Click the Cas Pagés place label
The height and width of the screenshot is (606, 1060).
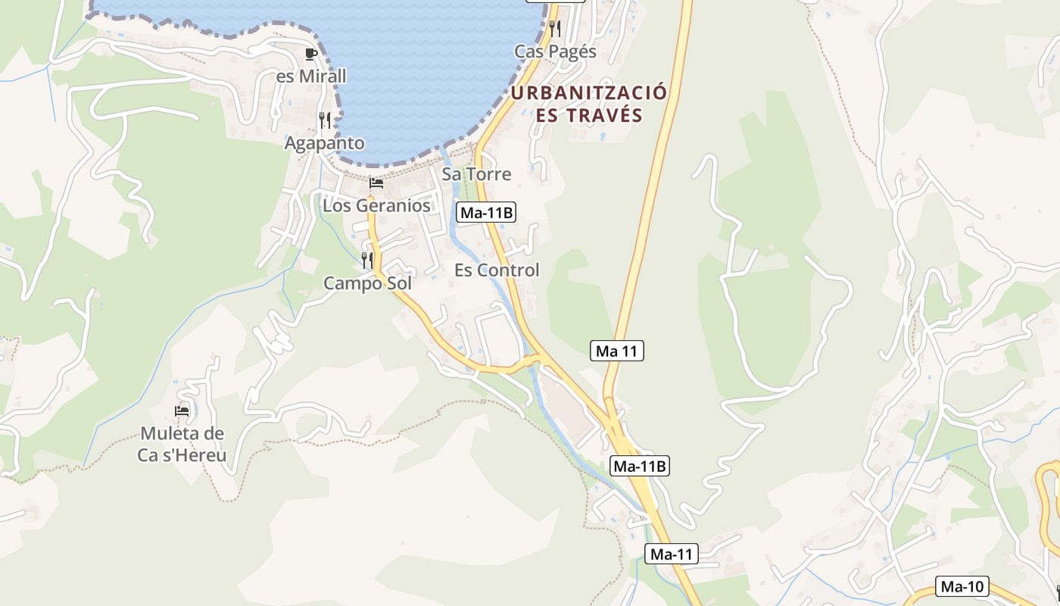pos(555,52)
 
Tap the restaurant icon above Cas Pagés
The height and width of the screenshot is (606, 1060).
pos(555,29)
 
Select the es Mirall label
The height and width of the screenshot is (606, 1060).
pos(311,76)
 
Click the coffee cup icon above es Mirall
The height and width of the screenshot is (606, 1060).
pos(310,54)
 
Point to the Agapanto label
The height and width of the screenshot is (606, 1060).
pos(324,142)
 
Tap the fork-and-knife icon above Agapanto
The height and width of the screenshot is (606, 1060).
pos(325,120)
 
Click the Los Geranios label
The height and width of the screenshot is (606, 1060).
pos(376,205)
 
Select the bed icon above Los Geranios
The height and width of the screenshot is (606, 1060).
pos(376,183)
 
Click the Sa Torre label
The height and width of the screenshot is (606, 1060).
pos(476,173)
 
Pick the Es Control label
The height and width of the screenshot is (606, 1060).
pos(497,270)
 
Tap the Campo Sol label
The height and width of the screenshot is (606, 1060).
pos(367,283)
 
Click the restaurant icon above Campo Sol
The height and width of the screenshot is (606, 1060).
pos(367,261)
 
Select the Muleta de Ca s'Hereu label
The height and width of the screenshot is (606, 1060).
pos(182,445)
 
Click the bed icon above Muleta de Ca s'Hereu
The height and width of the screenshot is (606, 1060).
pos(182,411)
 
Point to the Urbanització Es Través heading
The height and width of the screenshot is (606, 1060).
pos(589,104)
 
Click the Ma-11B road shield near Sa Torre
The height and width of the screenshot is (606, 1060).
pos(487,213)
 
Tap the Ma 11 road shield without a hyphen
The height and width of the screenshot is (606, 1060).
pos(617,351)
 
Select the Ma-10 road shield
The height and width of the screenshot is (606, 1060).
pos(962,586)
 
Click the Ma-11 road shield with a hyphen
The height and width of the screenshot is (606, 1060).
pos(672,554)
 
